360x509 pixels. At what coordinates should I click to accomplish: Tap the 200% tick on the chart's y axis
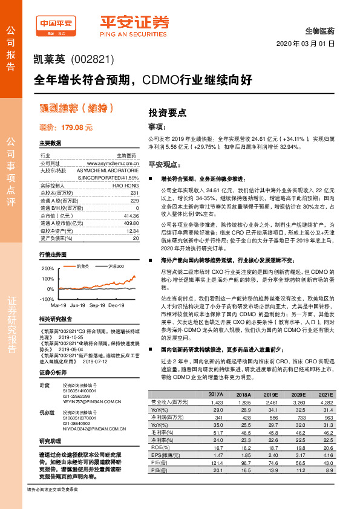pos(47,267)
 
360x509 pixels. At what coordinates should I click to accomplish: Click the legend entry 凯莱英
pos(82,266)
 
